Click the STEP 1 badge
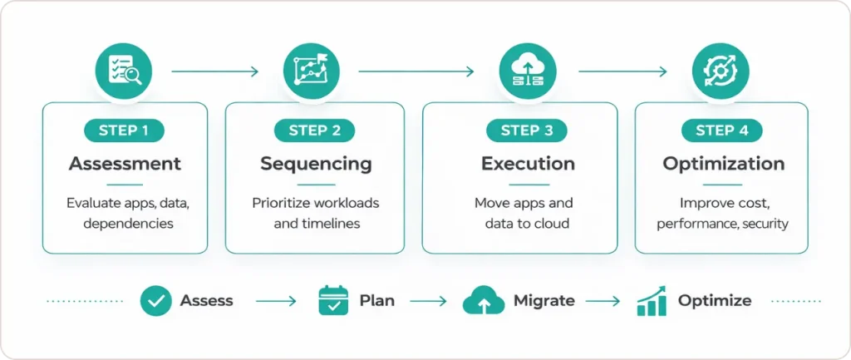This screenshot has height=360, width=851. pyautogui.click(x=125, y=131)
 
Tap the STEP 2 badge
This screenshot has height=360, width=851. pyautogui.click(x=314, y=131)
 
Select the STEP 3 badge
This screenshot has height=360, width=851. pyautogui.click(x=527, y=131)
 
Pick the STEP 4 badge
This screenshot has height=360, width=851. pyautogui.click(x=721, y=131)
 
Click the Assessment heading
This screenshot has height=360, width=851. pyautogui.click(x=125, y=163)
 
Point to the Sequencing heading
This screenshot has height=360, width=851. pyautogui.click(x=315, y=163)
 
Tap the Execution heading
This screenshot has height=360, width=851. pyautogui.click(x=528, y=163)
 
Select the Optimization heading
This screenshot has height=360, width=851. pyautogui.click(x=721, y=163)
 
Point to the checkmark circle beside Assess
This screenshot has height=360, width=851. pyautogui.click(x=155, y=300)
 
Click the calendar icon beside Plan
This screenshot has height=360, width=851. pyautogui.click(x=333, y=300)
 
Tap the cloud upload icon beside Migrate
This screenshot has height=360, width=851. pyautogui.click(x=483, y=300)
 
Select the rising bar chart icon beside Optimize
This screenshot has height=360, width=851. pyautogui.click(x=652, y=301)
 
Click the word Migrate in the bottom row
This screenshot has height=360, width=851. pyautogui.click(x=544, y=300)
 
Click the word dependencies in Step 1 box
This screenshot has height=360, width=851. pyautogui.click(x=128, y=223)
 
